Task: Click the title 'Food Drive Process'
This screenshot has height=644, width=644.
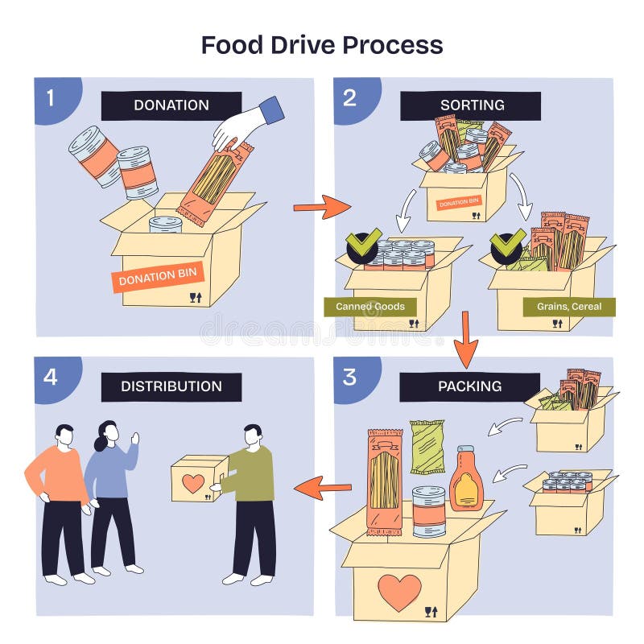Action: click(x=322, y=44)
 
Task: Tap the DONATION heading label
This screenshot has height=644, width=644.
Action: click(x=171, y=105)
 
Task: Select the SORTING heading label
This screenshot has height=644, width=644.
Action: click(x=472, y=105)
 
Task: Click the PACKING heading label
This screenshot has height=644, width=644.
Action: click(x=470, y=386)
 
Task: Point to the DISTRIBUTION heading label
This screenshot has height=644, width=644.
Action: click(x=171, y=386)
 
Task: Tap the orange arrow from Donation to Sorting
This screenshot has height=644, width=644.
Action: click(x=320, y=207)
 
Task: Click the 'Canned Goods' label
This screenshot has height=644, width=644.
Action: click(x=365, y=307)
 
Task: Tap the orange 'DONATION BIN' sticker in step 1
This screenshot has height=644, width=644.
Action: click(x=158, y=277)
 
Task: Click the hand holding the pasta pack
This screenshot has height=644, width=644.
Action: click(x=242, y=125)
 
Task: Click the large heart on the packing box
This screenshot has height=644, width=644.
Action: click(x=399, y=591)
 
